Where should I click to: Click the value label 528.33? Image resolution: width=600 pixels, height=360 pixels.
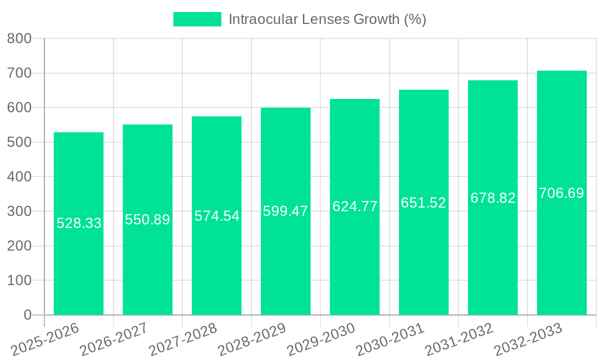coord(79,223)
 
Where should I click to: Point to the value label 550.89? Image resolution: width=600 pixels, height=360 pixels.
coord(148,220)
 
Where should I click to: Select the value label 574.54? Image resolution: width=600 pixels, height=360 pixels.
coord(217,216)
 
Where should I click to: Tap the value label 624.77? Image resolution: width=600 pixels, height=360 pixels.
coord(355,206)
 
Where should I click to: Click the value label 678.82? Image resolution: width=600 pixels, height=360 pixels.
coord(493,198)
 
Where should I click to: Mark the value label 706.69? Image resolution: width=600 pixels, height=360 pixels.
coord(562,193)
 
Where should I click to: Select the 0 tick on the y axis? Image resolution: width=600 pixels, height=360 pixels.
coord(27,315)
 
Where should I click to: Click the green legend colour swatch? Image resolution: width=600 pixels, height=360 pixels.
coord(197,19)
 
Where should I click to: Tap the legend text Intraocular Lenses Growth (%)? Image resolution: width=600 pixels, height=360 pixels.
coord(327,19)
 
